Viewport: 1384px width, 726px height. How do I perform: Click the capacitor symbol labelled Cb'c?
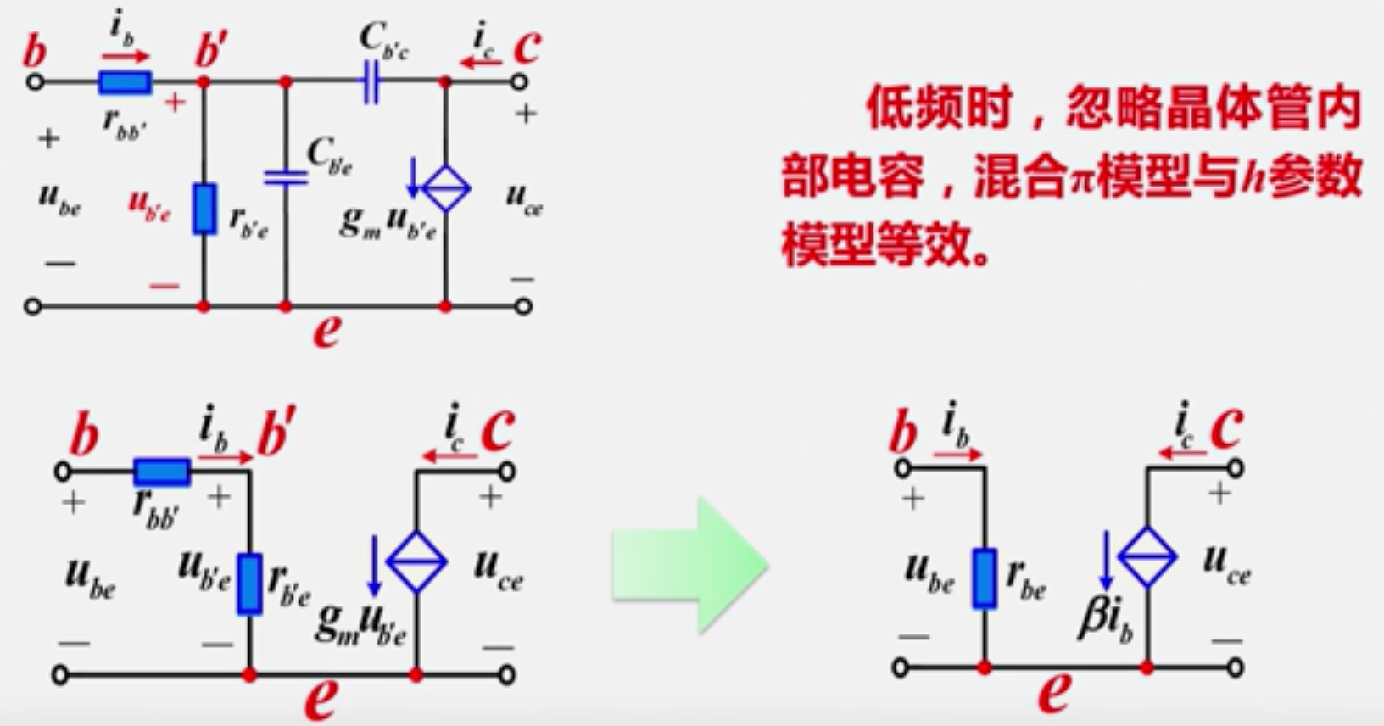pyautogui.click(x=371, y=82)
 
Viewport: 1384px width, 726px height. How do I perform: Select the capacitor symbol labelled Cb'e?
pyautogui.click(x=286, y=177)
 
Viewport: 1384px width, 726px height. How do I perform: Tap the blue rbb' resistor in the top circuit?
pyautogui.click(x=126, y=82)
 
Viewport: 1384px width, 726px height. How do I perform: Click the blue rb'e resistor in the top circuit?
pyautogui.click(x=204, y=209)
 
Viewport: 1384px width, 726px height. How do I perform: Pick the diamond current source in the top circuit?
pyautogui.click(x=446, y=188)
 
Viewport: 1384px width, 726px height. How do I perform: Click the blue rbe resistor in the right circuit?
pyautogui.click(x=984, y=578)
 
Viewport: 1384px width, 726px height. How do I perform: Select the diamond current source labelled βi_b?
pyautogui.click(x=1147, y=557)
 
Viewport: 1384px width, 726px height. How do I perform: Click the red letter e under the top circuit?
pyautogui.click(x=326, y=330)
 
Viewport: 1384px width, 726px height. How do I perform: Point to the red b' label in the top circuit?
pyautogui.click(x=211, y=49)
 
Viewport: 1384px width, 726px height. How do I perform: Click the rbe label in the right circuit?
pyautogui.click(x=1026, y=579)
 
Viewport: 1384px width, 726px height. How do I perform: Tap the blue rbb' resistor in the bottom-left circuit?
pyautogui.click(x=162, y=472)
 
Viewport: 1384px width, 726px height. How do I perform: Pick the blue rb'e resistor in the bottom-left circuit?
pyautogui.click(x=249, y=584)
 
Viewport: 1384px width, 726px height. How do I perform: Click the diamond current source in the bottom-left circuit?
pyautogui.click(x=416, y=561)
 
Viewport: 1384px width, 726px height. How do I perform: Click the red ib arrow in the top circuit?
pyautogui.click(x=126, y=57)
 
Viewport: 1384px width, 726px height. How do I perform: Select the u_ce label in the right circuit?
pyautogui.click(x=1226, y=564)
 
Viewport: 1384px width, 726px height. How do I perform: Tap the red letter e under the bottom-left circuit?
pyautogui.click(x=321, y=698)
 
